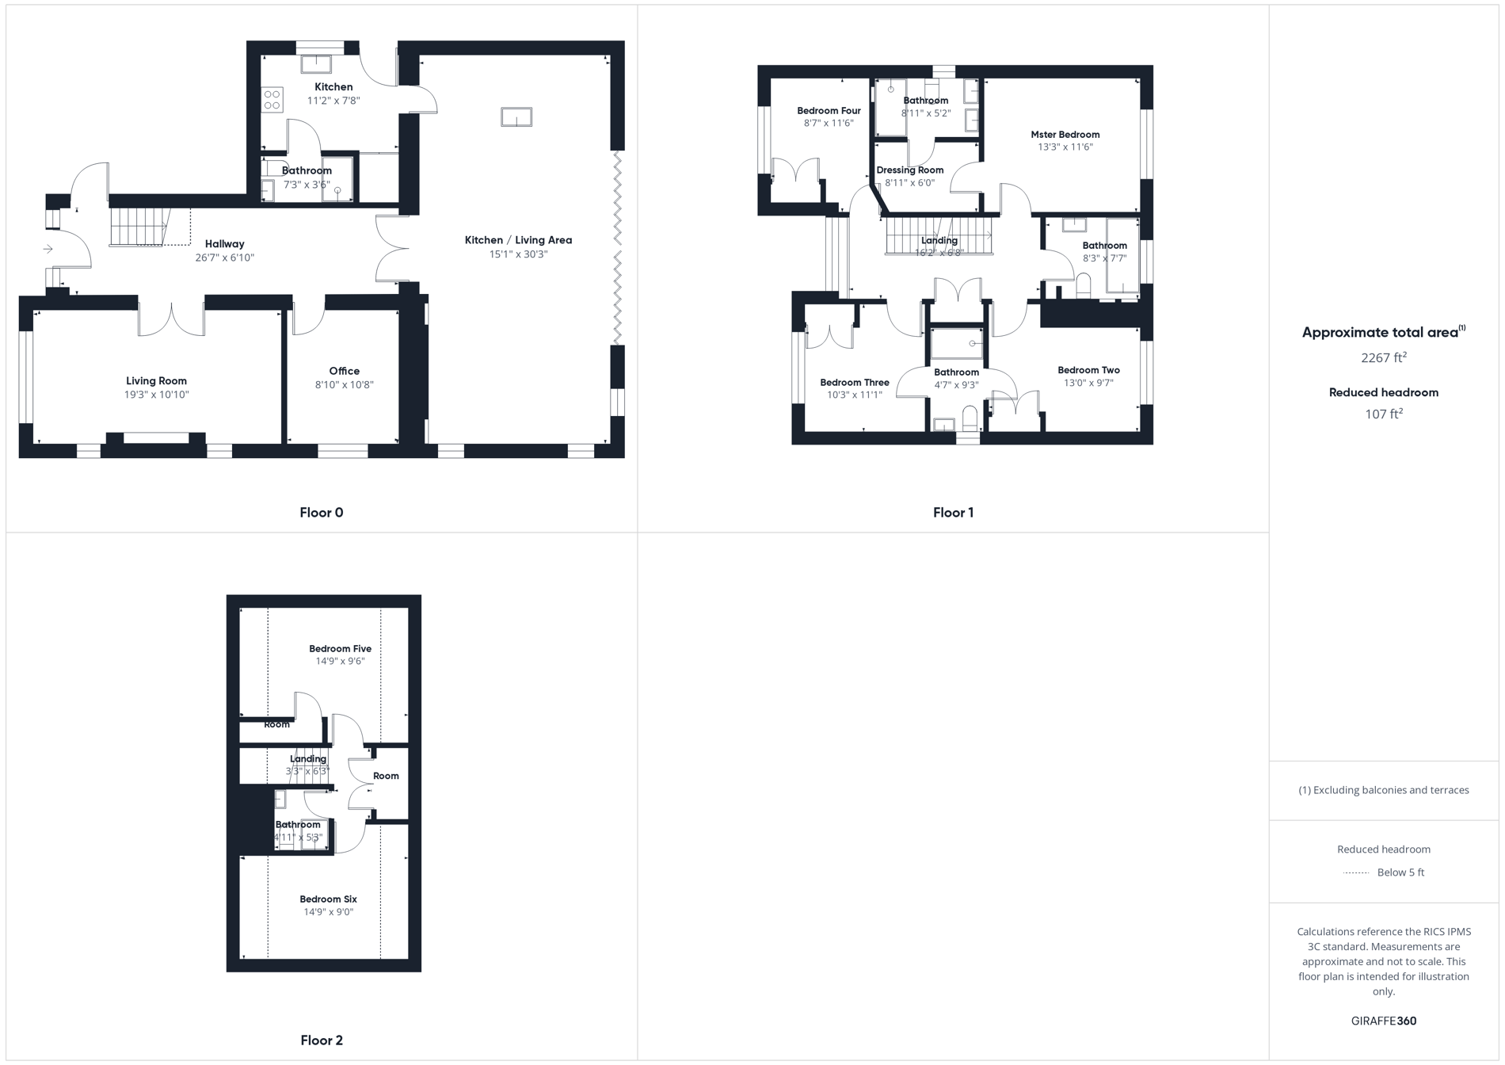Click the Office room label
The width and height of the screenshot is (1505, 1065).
pyautogui.click(x=344, y=371)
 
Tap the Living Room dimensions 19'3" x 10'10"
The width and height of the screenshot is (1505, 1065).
pyautogui.click(x=156, y=395)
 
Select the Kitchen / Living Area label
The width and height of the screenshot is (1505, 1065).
pyautogui.click(x=518, y=240)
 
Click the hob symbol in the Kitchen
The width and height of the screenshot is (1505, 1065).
pyautogui.click(x=272, y=100)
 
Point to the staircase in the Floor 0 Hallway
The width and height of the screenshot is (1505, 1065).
pyautogui.click(x=139, y=226)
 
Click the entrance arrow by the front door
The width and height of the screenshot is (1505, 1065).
pyautogui.click(x=48, y=249)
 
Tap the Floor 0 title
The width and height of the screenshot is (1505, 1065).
pyautogui.click(x=321, y=513)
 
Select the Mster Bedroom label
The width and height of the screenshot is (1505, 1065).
pyautogui.click(x=1065, y=135)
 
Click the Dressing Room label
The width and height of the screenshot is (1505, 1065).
pyautogui.click(x=909, y=170)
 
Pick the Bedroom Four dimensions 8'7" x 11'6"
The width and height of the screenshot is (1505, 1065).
pyautogui.click(x=829, y=124)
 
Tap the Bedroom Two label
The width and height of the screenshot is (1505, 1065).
pyautogui.click(x=1088, y=370)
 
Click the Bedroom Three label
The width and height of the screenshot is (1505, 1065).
pyautogui.click(x=854, y=383)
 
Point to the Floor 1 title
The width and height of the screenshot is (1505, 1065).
pyautogui.click(x=953, y=513)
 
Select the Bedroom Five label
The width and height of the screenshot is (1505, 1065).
pyautogui.click(x=340, y=649)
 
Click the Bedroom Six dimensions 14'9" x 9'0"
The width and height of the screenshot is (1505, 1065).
pyautogui.click(x=328, y=912)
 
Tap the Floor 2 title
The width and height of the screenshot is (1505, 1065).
pyautogui.click(x=321, y=1040)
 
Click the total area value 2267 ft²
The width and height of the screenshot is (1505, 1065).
pyautogui.click(x=1383, y=358)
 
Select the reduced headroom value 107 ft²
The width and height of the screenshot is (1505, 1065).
pyautogui.click(x=1383, y=414)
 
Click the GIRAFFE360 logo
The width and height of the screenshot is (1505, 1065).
pyautogui.click(x=1383, y=1021)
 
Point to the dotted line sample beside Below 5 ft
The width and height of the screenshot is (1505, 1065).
pyautogui.click(x=1356, y=873)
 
